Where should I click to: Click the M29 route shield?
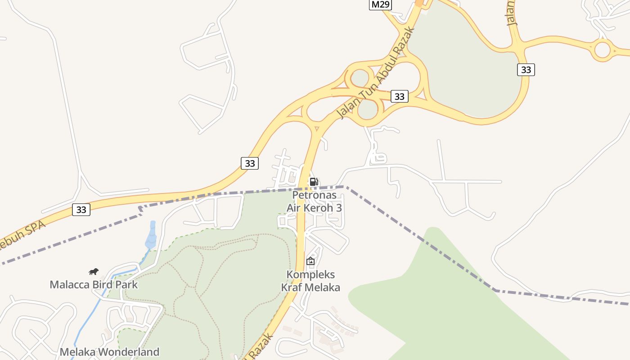[381, 4]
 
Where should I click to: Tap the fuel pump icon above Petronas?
[314, 182]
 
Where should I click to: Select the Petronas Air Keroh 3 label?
[315, 201]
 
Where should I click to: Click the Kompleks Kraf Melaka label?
[310, 281]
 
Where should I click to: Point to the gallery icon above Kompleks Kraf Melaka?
[310, 261]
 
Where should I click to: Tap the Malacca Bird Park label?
[94, 284]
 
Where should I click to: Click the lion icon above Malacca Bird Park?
[94, 271]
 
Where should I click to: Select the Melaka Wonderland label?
[109, 352]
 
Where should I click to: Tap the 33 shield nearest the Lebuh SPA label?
[81, 209]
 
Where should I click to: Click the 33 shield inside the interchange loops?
[399, 96]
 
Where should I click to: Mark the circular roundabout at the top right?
[603, 49]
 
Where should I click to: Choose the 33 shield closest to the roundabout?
[526, 70]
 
